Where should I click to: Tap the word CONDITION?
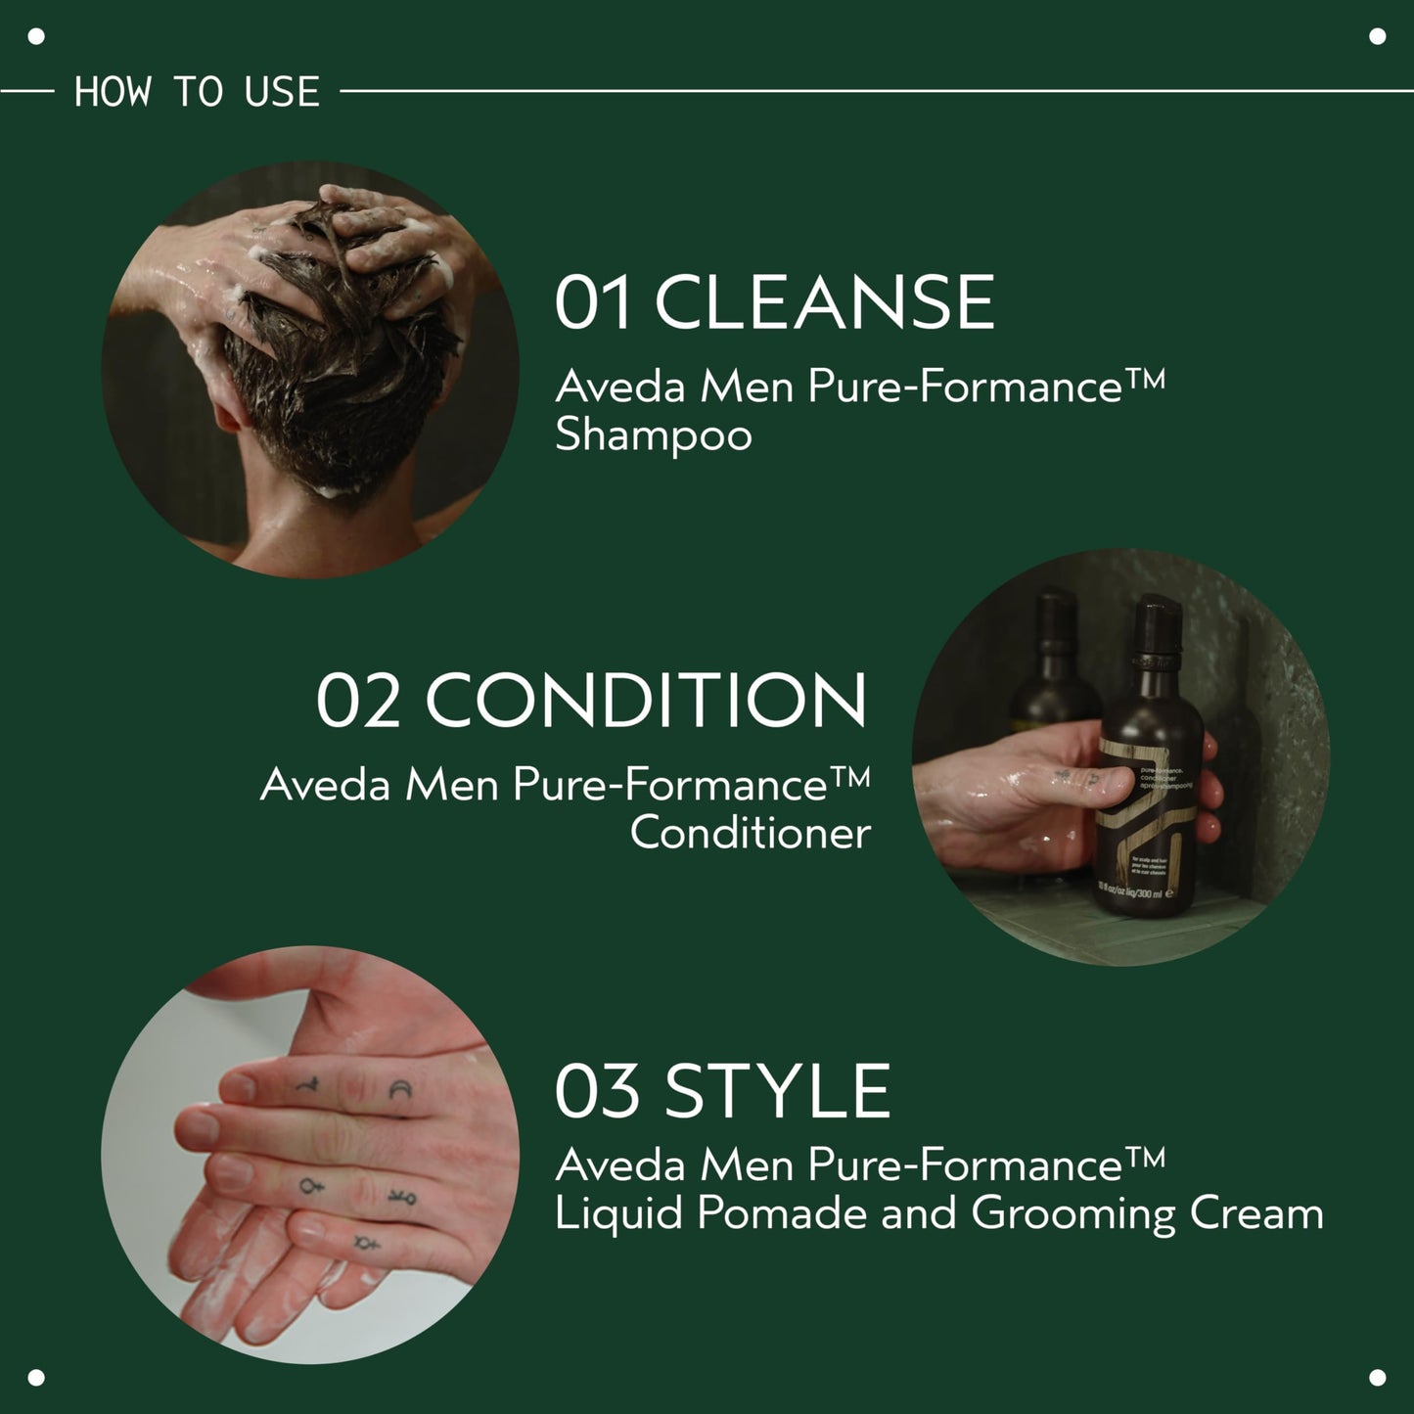646,701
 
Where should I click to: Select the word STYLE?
777,1092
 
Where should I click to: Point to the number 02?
358,701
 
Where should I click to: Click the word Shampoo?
653,436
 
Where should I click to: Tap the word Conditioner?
750,834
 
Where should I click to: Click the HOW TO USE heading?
197,92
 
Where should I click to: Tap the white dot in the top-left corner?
36,37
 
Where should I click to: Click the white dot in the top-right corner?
1377,37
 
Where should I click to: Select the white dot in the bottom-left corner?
36,1377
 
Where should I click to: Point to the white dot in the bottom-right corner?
1377,1377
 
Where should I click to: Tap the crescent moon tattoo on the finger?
399,1090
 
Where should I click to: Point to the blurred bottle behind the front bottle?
1055,665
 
